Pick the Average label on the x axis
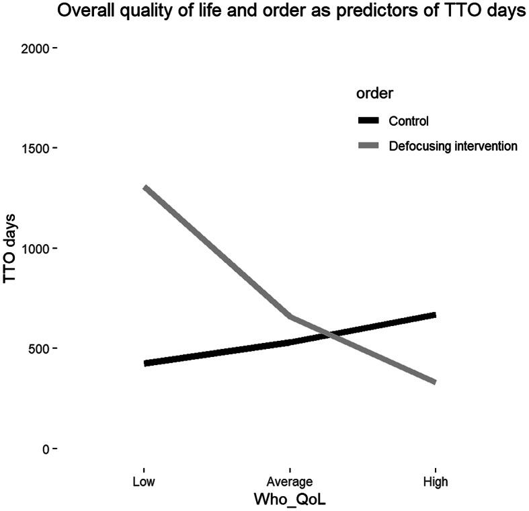tap(290, 482)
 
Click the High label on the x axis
tap(436, 482)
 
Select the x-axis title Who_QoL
tap(290, 500)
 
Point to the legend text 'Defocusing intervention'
tap(453, 145)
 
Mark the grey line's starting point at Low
tap(145, 187)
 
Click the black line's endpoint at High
tap(436, 315)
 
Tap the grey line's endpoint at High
tap(436, 382)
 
